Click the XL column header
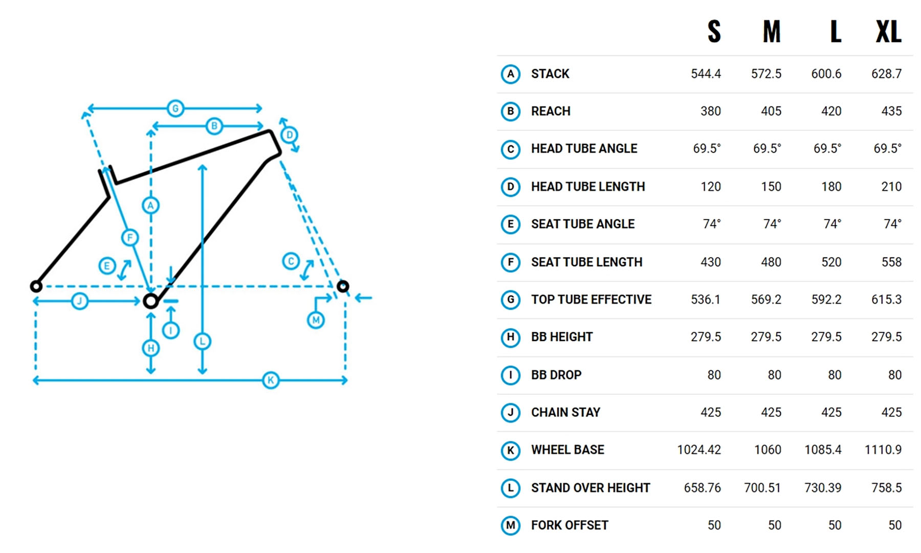pos(888,32)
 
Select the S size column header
pos(714,32)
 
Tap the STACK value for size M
pos(766,74)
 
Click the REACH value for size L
pos(831,111)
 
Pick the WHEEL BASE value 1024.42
pos(699,450)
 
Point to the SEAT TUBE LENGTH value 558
pos(891,262)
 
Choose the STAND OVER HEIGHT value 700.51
pos(762,487)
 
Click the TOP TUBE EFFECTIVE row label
pos(591,300)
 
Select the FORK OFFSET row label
pos(569,525)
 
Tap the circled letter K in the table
pos(510,450)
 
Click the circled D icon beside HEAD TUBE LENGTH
pos(510,187)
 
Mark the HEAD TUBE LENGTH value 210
pos(891,186)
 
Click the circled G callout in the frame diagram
pos(176,109)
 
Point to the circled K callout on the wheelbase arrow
pos(271,380)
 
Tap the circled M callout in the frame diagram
pos(316,320)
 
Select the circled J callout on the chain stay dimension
pos(79,301)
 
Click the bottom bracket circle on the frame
pos(150,301)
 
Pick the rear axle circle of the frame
pos(36,286)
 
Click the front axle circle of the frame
pos(343,286)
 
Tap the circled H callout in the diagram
pos(150,348)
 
